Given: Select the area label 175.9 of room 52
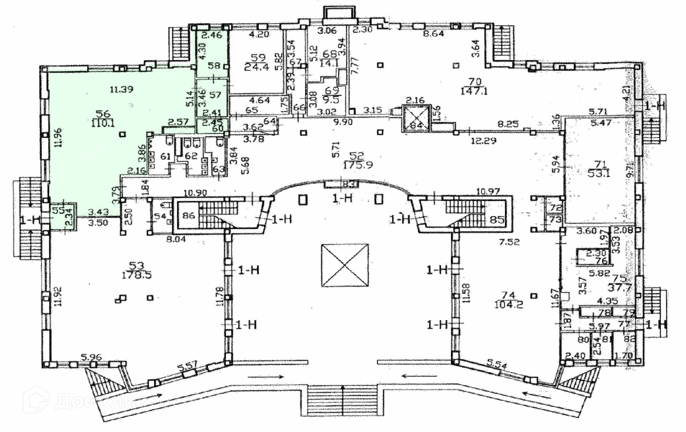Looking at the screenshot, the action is [358, 165].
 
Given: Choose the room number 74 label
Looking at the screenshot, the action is [508, 295].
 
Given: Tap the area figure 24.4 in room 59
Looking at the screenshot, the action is [259, 67].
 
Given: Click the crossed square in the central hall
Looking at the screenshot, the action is [345, 265].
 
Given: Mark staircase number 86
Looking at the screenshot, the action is [188, 215].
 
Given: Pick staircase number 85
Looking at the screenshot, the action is [497, 219].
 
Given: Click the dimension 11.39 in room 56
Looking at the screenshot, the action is [121, 89].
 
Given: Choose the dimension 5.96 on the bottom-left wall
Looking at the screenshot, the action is [91, 356].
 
